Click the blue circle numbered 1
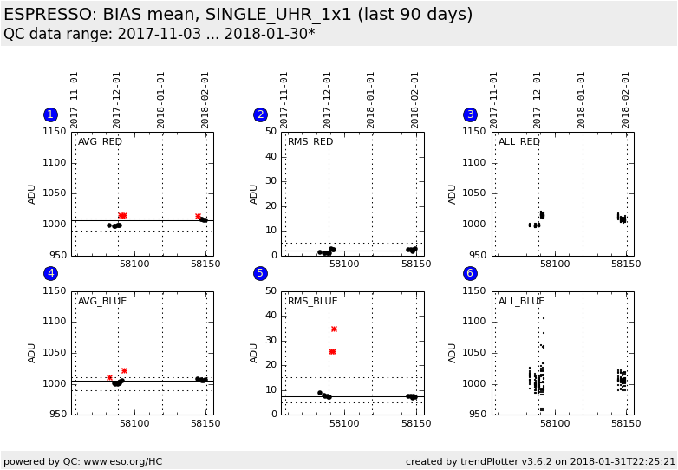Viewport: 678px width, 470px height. tap(50, 114)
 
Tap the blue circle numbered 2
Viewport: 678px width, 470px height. tap(260, 114)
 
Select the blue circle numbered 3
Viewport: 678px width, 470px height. tap(470, 114)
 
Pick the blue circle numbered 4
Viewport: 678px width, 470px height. tap(50, 273)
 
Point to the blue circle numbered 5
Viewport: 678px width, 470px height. tap(260, 273)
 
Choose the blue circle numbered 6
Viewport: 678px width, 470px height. tap(470, 273)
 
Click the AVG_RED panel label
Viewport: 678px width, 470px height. tap(101, 142)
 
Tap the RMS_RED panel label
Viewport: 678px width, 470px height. tap(310, 142)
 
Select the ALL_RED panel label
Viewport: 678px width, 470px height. tap(519, 142)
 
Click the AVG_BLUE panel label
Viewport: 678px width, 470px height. tap(102, 302)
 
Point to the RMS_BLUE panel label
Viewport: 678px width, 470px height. tap(312, 302)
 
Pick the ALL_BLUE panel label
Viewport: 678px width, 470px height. tap(521, 302)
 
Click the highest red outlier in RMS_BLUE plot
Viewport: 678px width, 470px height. tap(334, 329)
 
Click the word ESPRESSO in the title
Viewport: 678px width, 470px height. tap(46, 15)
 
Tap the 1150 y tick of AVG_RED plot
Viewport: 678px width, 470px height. tap(55, 132)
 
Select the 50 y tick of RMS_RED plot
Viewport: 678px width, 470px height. tap(271, 132)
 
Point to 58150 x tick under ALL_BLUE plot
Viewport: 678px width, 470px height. tap(625, 424)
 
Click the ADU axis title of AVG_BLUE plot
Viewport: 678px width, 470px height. tap(32, 353)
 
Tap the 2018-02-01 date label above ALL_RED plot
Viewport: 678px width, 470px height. tap(625, 100)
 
